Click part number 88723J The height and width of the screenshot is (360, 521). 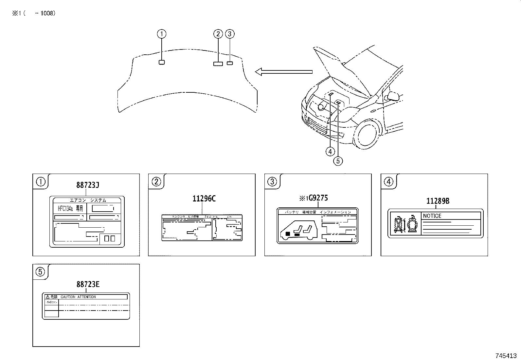88,185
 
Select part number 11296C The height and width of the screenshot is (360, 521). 204,199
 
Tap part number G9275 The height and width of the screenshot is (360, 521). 316,198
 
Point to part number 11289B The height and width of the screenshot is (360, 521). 438,201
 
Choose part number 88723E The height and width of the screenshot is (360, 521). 88,284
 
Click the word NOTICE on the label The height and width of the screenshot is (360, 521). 432,216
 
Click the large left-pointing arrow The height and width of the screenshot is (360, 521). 283,72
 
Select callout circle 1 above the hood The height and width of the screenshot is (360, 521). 161,34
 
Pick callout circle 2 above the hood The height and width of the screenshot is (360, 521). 218,34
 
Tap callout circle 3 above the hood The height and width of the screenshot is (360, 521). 230,34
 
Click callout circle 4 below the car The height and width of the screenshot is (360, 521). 330,151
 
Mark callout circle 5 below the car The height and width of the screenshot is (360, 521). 338,161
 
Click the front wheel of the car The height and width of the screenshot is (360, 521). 367,135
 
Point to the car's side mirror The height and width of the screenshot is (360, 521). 393,96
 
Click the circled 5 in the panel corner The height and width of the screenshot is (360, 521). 40,272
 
